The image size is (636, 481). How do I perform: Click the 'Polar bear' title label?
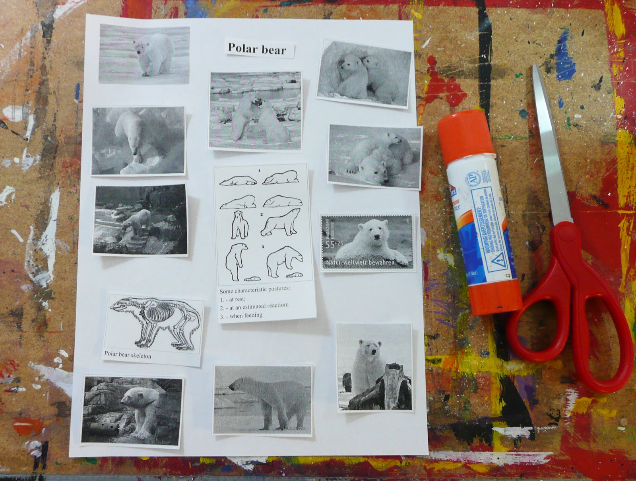pos(257,49)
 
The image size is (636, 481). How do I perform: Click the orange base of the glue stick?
pos(494,297)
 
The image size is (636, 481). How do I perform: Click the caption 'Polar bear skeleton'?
pos(128,354)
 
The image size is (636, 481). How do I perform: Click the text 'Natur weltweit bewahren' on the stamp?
pos(360,263)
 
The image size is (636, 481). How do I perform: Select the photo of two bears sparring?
pos(256,111)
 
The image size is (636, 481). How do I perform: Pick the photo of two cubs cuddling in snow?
pos(364,74)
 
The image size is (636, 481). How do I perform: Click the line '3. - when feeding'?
pos(241,315)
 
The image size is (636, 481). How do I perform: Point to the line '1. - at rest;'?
pos(233,298)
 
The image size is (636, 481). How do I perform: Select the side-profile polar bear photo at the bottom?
pos(263,399)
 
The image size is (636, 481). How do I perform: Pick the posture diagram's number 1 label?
pos(260,171)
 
